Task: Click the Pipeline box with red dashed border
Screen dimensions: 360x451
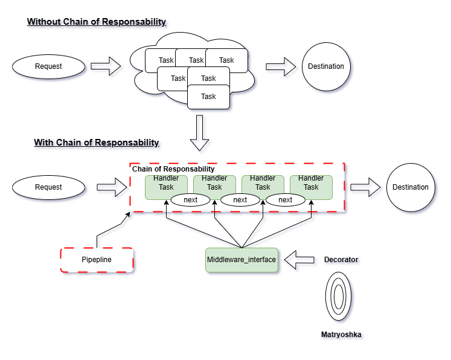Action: click(97, 260)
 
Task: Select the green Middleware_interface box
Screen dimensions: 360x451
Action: click(241, 260)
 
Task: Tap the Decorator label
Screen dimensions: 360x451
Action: click(341, 260)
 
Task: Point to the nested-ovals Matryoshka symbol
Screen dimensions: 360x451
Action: click(338, 297)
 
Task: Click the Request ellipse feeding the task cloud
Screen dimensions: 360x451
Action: click(48, 66)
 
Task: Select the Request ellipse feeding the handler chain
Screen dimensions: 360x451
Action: click(48, 187)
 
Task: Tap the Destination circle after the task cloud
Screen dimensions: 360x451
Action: click(326, 66)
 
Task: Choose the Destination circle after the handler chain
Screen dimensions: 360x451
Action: click(411, 187)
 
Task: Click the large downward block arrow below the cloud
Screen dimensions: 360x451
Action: click(199, 133)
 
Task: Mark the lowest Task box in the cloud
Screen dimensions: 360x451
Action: click(208, 97)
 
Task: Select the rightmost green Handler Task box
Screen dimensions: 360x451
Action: click(311, 183)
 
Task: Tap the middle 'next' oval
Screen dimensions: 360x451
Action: click(240, 200)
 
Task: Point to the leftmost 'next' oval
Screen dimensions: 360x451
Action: click(191, 200)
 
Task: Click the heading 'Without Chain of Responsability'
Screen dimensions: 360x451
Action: click(97, 22)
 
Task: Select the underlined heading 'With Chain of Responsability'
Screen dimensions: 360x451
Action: click(97, 143)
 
